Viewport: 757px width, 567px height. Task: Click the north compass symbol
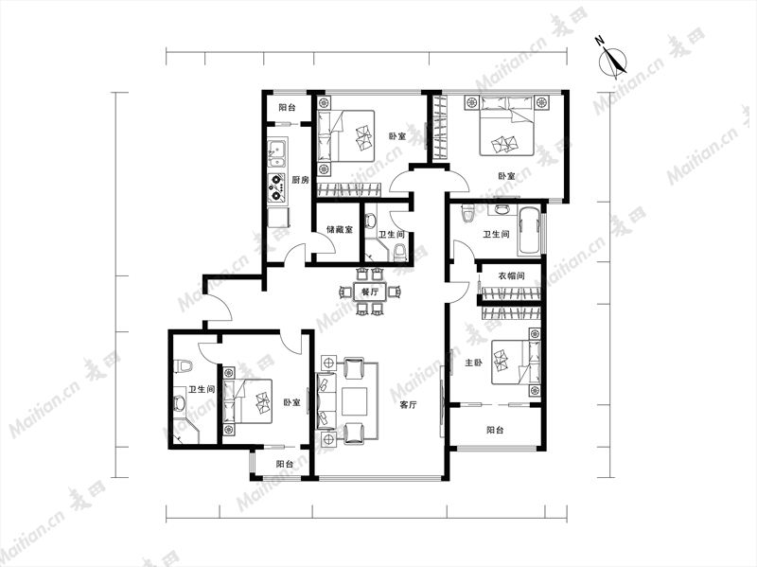[612, 61]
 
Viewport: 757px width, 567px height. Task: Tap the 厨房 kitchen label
[300, 180]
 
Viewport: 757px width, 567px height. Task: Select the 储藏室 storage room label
[340, 229]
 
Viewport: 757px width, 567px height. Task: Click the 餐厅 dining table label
[370, 292]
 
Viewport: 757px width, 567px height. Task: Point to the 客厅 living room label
[408, 405]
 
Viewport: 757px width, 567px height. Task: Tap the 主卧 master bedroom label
[473, 363]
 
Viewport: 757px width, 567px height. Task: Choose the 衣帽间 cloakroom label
[511, 275]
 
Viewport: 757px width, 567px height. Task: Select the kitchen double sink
[277, 153]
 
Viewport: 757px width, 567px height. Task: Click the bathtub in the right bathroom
[529, 231]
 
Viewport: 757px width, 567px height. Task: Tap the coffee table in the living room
[355, 401]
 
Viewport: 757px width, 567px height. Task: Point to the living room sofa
[326, 400]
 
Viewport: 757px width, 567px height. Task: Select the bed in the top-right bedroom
[506, 126]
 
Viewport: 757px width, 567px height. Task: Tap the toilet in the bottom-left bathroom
[183, 365]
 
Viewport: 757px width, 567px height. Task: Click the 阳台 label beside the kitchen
[287, 108]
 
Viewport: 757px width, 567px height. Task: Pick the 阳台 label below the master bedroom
[495, 430]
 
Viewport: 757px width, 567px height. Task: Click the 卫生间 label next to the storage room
[391, 235]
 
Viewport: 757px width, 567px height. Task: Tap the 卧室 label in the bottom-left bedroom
[291, 402]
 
